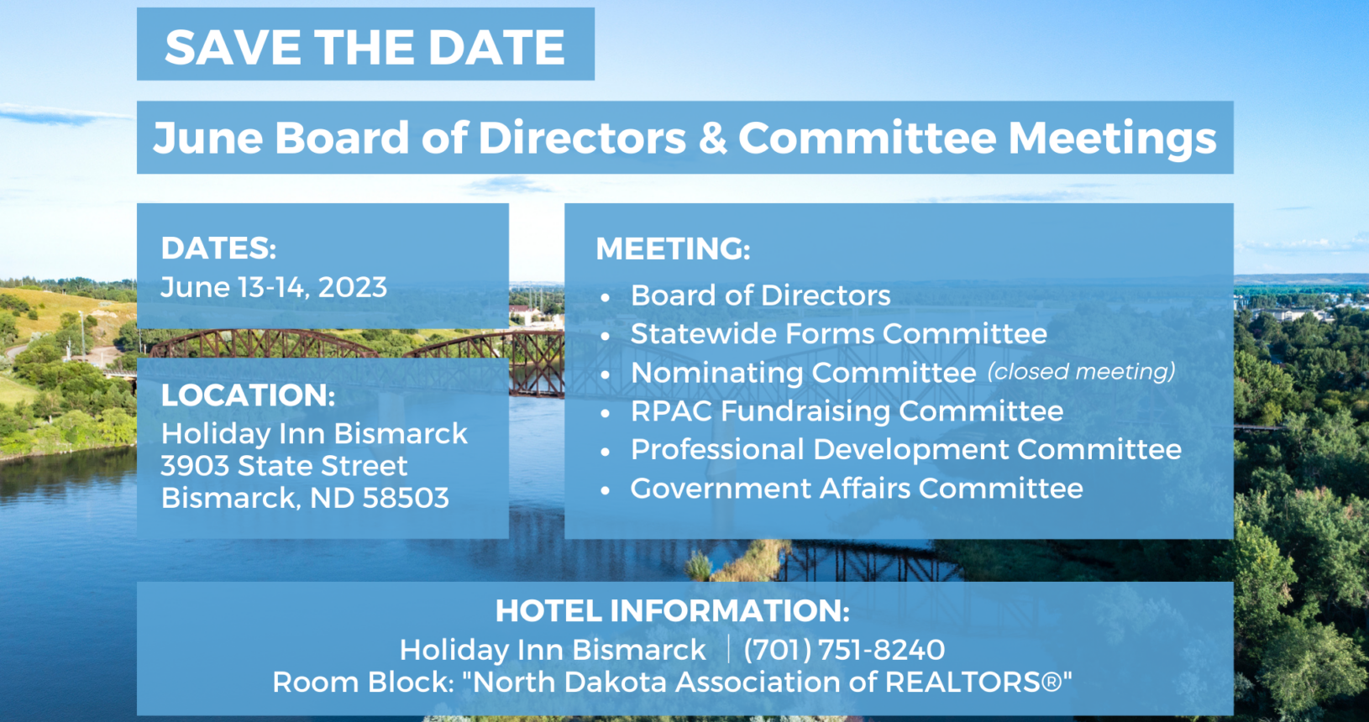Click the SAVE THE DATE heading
tap(365, 47)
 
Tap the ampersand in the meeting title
tap(712, 138)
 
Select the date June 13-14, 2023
tap(274, 287)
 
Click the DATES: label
tap(218, 248)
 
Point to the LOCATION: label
tap(248, 395)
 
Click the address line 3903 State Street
tap(284, 465)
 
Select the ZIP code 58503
tap(406, 498)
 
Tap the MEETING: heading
tap(673, 249)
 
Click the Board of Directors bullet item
tap(760, 295)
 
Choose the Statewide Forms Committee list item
tap(838, 333)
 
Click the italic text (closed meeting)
tap(1081, 371)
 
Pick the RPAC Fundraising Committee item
tap(847, 411)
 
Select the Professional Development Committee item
tap(905, 449)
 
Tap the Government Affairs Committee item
tap(857, 488)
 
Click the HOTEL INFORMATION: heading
tap(672, 611)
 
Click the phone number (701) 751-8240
tap(844, 649)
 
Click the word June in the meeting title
tap(207, 138)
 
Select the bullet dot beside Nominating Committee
tap(605, 374)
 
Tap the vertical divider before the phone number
tap(728, 649)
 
